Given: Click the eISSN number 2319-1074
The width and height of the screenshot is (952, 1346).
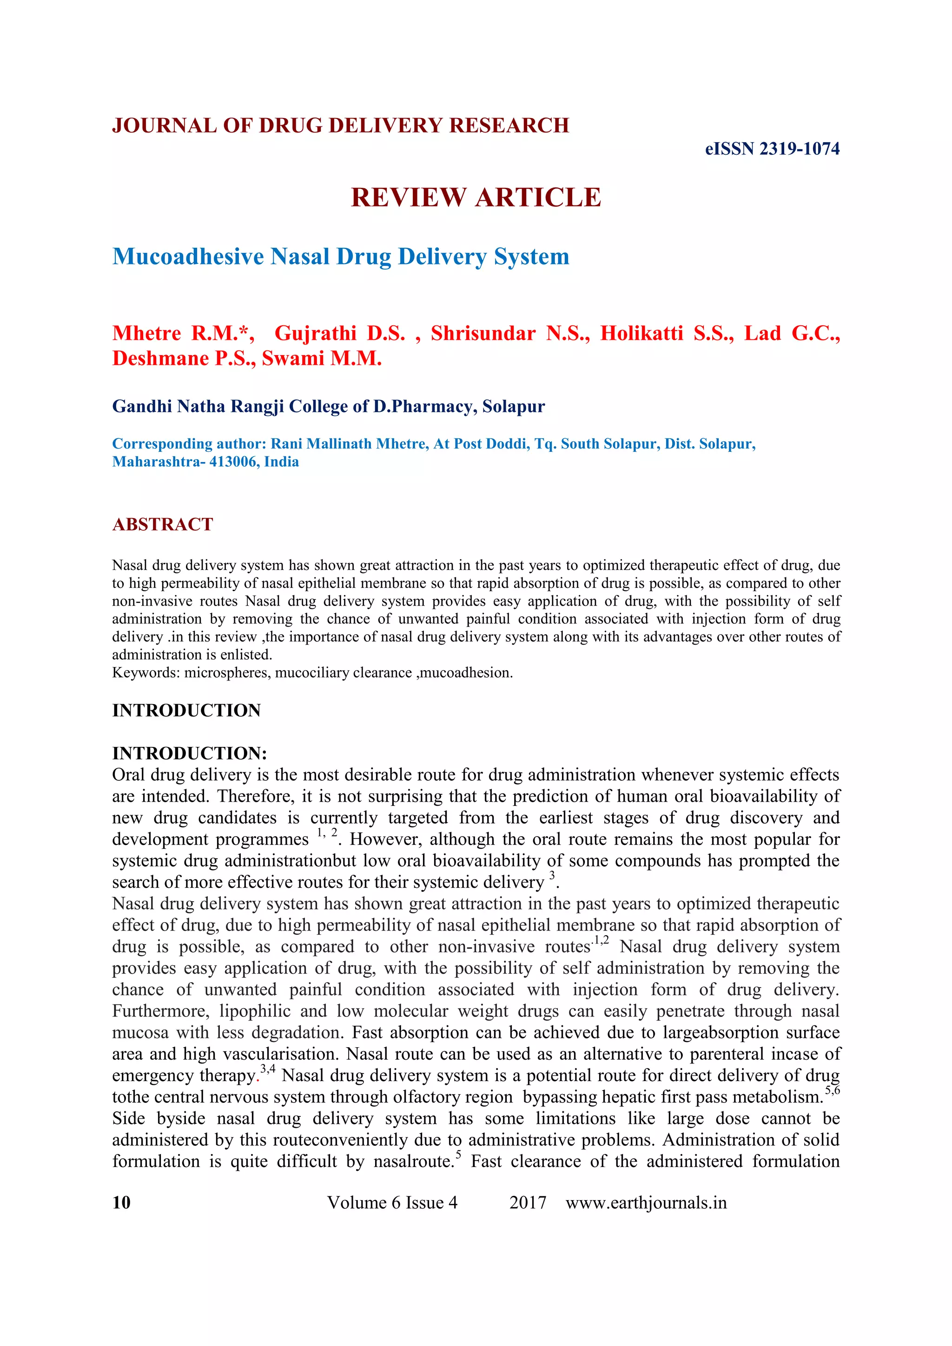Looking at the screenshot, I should point(799,149).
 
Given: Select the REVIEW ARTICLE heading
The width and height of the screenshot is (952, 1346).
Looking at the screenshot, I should point(476,198).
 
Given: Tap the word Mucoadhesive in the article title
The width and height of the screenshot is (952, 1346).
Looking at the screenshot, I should point(188,257).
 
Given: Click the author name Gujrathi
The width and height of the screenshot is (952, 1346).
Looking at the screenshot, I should point(315,334).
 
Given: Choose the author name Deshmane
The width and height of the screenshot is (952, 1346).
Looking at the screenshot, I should point(158,359).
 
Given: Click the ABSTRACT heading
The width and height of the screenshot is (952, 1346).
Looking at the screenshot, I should point(162,524).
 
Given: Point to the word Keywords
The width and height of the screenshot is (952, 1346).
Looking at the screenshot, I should point(146,673).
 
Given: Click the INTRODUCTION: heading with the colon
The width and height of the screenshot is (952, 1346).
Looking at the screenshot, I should point(189,753).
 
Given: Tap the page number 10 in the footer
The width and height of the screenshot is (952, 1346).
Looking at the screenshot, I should point(121,1202).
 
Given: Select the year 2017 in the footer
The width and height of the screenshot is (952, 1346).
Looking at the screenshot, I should point(528,1202).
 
